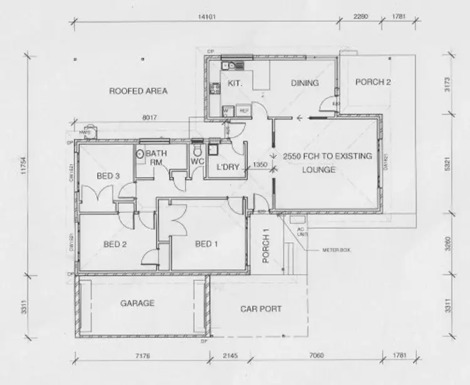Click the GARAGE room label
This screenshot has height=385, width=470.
pyautogui.click(x=137, y=304)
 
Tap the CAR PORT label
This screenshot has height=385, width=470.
pyautogui.click(x=261, y=309)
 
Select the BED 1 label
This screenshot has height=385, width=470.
pyautogui.click(x=206, y=244)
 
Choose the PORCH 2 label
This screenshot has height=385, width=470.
pyautogui.click(x=373, y=83)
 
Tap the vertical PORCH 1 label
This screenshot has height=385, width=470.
pyautogui.click(x=266, y=246)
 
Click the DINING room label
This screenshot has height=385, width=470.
pyautogui.click(x=305, y=83)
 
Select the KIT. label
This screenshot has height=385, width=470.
pyautogui.click(x=235, y=83)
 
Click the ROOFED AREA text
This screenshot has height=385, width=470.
pyautogui.click(x=138, y=91)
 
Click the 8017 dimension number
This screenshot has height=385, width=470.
pyautogui.click(x=149, y=116)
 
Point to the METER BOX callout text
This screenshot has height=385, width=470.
pyautogui.click(x=337, y=249)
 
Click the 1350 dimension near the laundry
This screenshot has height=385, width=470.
pyautogui.click(x=260, y=165)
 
